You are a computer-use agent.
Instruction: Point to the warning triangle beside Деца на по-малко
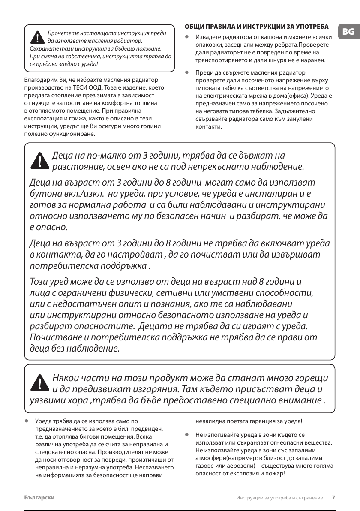coord(39,161)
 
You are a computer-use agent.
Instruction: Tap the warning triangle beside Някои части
coord(39,383)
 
